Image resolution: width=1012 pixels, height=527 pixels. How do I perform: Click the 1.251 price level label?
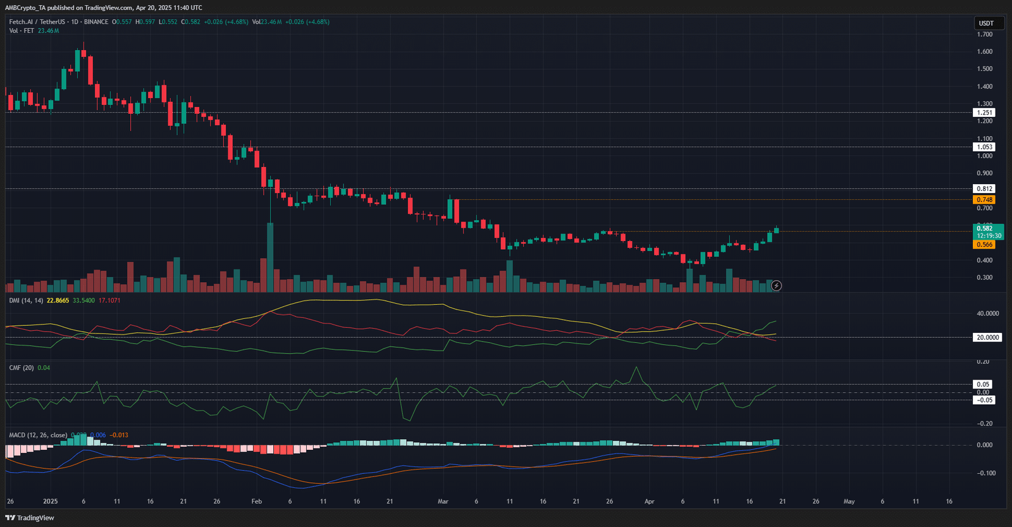pos(985,113)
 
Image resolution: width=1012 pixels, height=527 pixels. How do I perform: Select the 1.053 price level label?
pos(985,147)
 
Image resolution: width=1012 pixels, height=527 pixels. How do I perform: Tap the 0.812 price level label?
pos(985,189)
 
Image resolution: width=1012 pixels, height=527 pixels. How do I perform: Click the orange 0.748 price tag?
pos(985,200)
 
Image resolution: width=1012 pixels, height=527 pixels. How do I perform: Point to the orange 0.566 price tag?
pos(985,245)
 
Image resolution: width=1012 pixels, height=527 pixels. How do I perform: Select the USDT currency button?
pos(987,23)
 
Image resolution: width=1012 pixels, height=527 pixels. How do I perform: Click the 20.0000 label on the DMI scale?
pos(987,337)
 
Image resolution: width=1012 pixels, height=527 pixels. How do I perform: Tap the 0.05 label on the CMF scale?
pos(983,384)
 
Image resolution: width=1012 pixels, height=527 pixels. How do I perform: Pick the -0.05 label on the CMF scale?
pos(984,400)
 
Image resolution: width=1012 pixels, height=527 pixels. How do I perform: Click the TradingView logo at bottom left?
pos(30,518)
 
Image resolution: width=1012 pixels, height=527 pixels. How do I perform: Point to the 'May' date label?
pos(849,501)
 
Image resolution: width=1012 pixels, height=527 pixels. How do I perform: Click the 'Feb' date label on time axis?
pos(256,501)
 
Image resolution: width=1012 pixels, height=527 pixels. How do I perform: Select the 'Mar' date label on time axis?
pos(443,501)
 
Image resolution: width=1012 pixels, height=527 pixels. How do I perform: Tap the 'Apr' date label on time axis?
pos(649,501)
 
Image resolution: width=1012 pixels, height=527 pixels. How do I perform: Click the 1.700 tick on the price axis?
pos(985,34)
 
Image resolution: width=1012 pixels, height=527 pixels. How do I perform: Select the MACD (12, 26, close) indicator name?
pos(38,435)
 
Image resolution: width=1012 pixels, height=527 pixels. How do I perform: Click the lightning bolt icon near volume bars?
pos(776,286)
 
